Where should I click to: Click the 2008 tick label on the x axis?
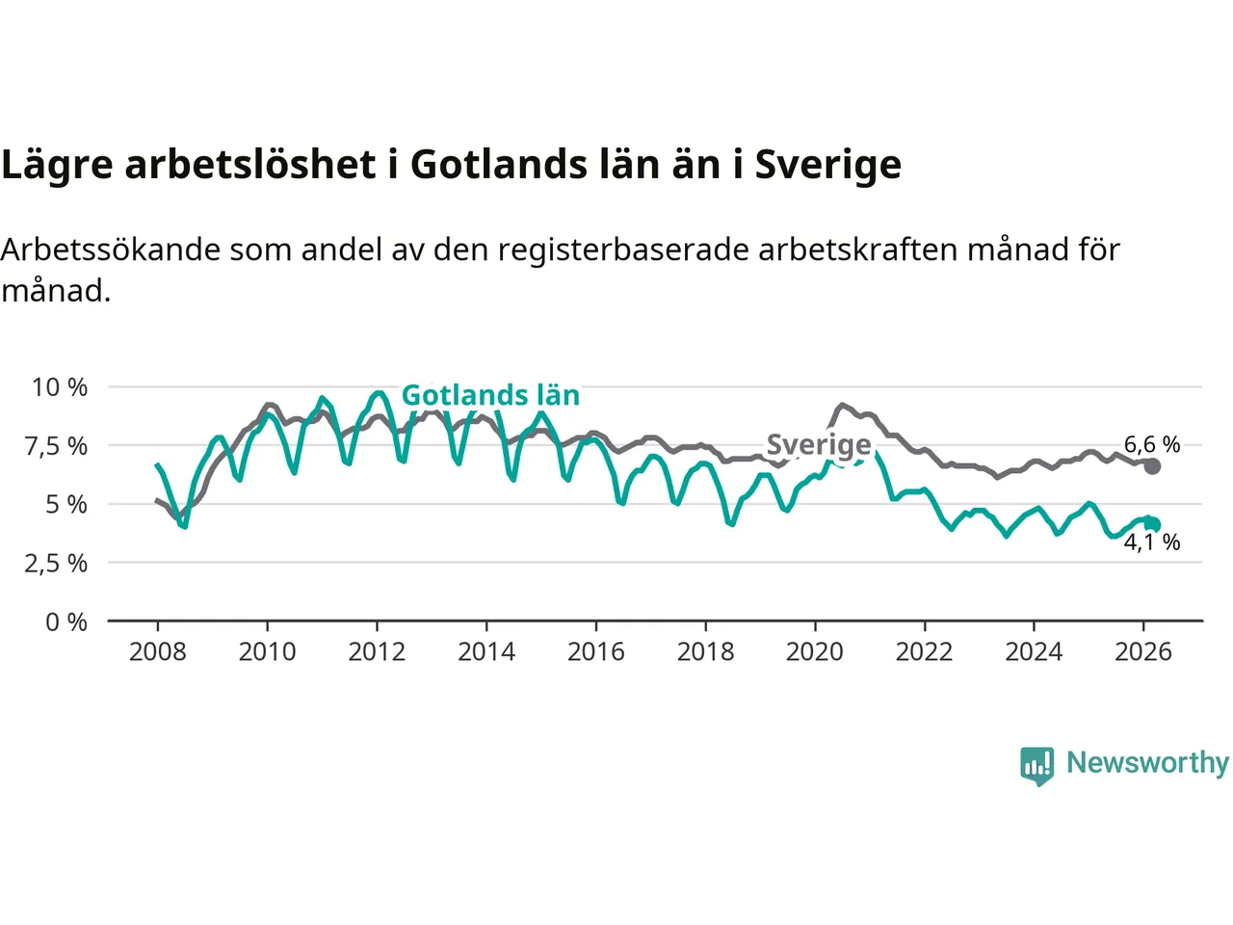157,652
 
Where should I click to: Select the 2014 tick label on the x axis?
485,652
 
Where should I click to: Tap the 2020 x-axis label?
814,652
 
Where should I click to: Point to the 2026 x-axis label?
1142,652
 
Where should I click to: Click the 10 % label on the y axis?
60,387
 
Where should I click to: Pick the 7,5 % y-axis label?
58,446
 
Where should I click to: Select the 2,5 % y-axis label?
56,564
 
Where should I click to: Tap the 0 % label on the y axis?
66,622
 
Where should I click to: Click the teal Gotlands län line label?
490,395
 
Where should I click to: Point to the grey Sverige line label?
819,444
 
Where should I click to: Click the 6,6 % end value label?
1152,444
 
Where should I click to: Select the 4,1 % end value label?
1152,542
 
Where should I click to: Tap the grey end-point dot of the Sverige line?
1152,466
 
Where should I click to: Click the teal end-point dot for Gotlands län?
1153,524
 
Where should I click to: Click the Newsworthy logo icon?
1037,765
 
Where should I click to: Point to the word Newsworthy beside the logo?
1147,763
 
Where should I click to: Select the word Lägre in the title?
57,165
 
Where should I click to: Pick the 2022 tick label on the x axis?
924,652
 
